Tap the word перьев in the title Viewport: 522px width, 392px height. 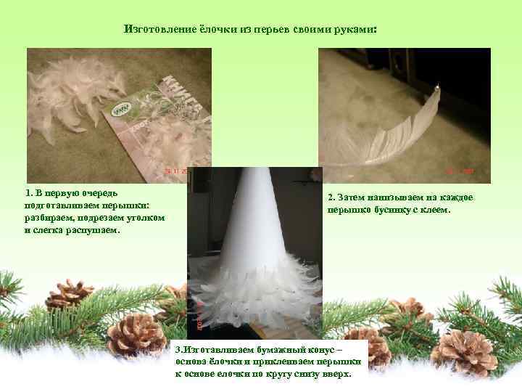tap(272, 30)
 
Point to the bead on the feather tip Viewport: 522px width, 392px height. tap(436, 87)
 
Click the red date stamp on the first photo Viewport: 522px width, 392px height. tap(175, 171)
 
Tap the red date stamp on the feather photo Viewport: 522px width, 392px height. tap(460, 171)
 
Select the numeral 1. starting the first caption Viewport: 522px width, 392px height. tap(29, 193)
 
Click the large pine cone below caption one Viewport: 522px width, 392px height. tap(137, 335)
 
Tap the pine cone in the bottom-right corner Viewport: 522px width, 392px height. tap(466, 353)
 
